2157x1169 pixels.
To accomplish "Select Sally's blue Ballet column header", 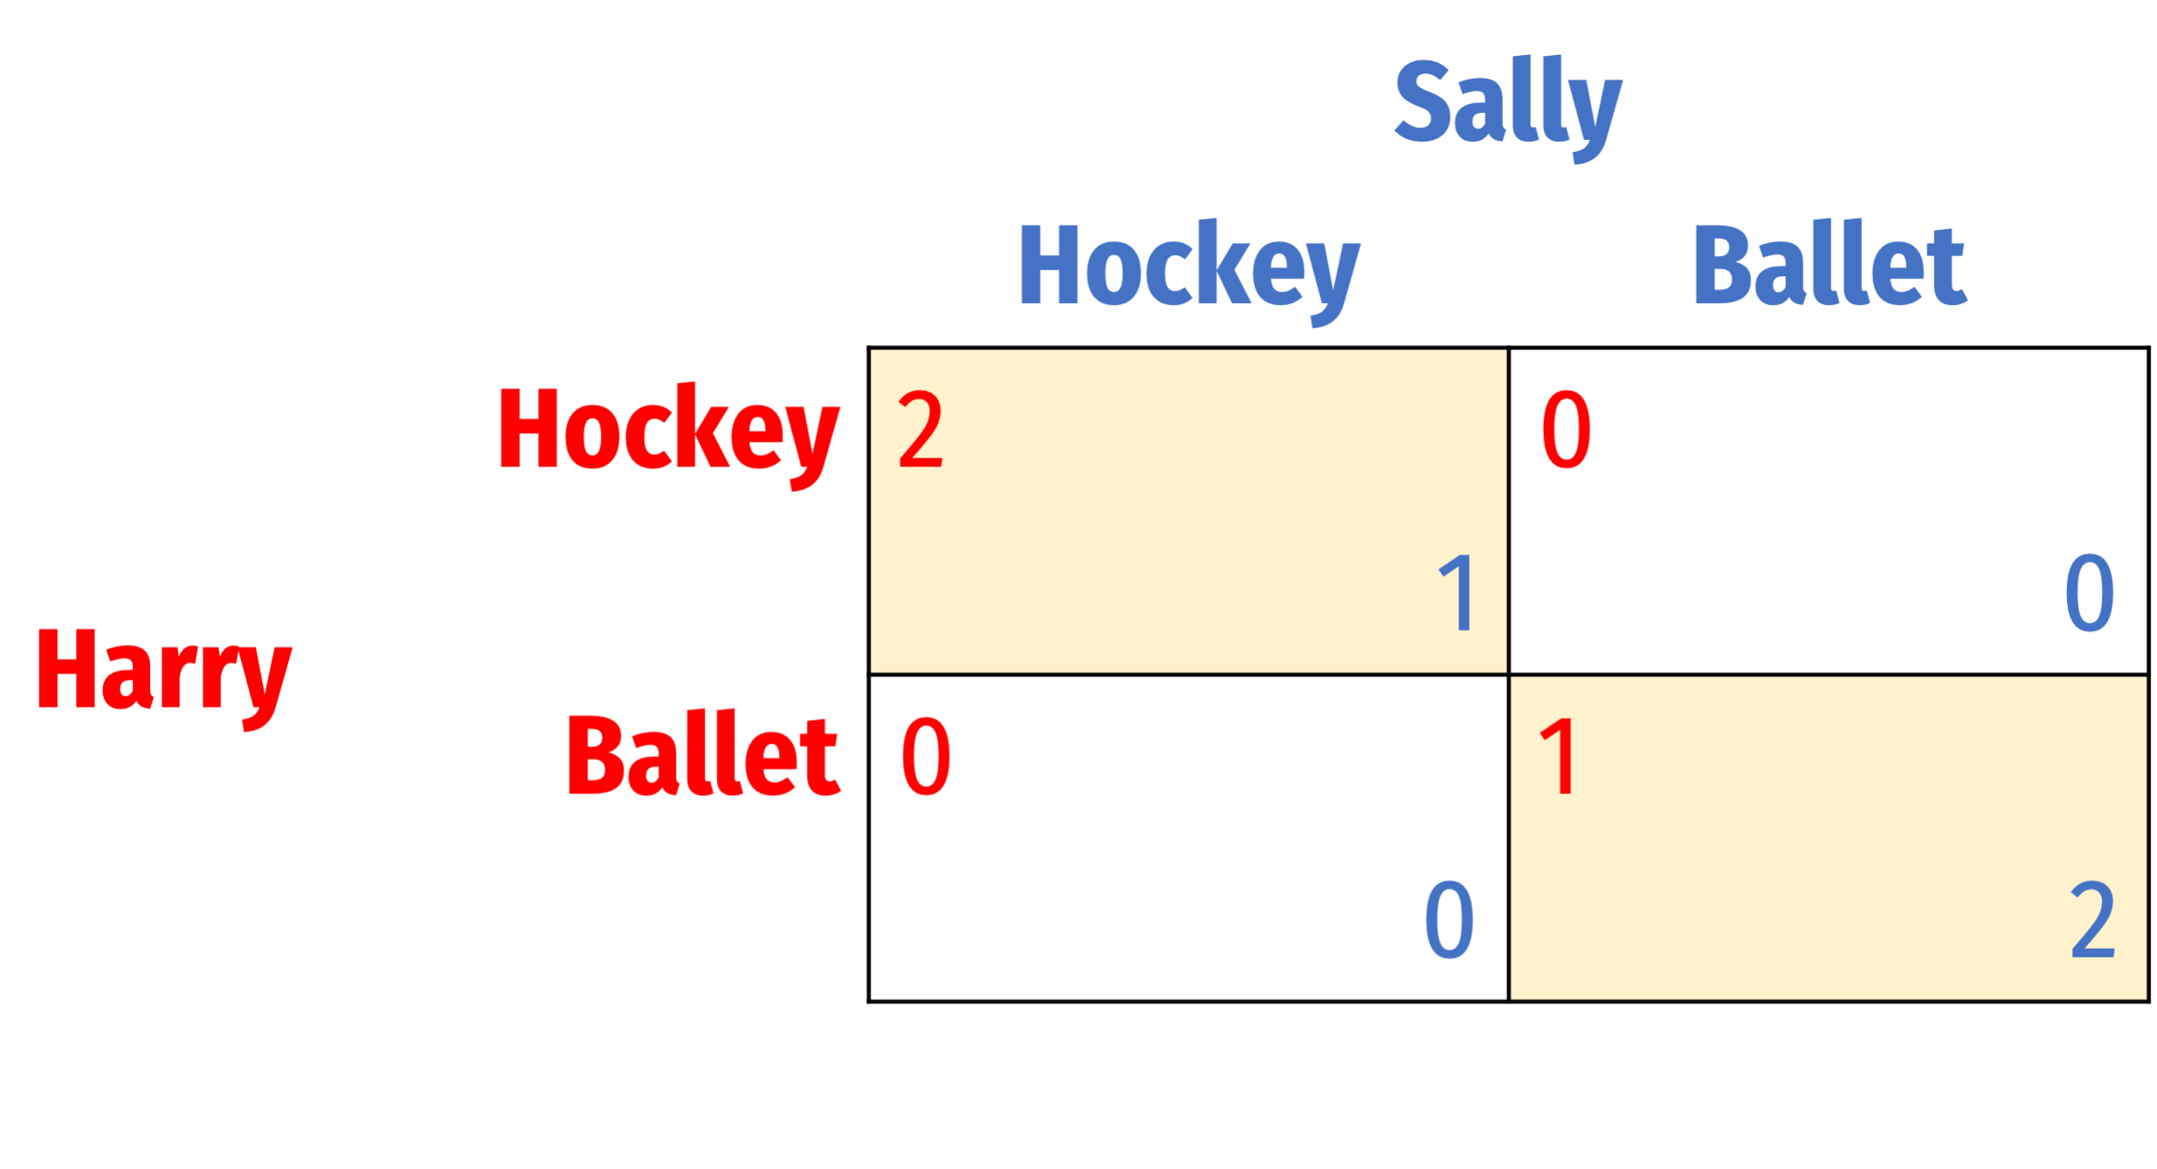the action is coord(1829,264).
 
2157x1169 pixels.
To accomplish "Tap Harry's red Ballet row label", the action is coord(703,753).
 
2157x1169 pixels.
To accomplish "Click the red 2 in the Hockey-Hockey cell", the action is coord(920,429).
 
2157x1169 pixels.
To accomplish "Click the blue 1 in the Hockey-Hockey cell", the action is coord(1457,594).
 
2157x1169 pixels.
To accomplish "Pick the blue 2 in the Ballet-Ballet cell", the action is coord(2092,920).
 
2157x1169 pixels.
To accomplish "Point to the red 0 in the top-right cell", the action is coord(1566,429).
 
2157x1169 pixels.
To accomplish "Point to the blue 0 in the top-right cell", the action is coord(2089,594).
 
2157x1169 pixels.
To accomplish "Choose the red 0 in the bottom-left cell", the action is coord(926,757).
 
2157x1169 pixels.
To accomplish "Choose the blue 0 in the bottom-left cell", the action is coord(1449,920).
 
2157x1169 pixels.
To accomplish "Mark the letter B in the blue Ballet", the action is coord(1724,265).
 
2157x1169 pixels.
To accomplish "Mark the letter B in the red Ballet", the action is coord(598,756).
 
